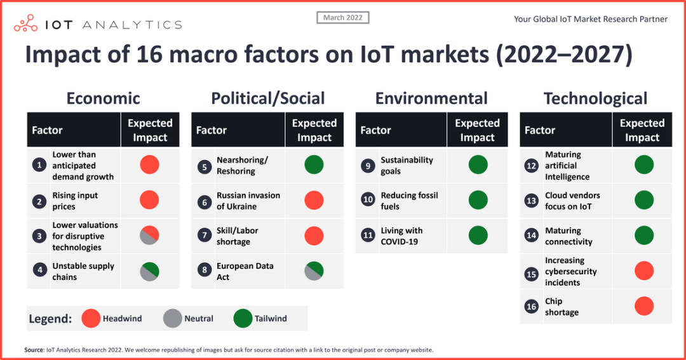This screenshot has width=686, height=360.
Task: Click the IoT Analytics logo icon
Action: (x=26, y=24)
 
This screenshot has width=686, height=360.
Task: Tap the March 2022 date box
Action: (x=343, y=18)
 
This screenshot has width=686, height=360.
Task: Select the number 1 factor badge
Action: (x=39, y=166)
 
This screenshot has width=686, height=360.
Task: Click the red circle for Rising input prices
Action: (x=150, y=201)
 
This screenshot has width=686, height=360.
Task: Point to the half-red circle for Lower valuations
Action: (x=150, y=236)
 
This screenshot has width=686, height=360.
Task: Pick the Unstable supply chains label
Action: (x=83, y=271)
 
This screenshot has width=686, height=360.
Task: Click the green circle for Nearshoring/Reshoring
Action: (x=314, y=165)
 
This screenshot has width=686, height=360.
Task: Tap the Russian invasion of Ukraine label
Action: (x=248, y=201)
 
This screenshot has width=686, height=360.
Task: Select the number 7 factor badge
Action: (x=204, y=236)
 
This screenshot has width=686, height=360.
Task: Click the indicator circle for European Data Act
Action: (x=314, y=271)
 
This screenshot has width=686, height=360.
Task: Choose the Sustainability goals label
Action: (x=407, y=166)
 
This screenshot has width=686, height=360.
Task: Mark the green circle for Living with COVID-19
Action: (x=478, y=236)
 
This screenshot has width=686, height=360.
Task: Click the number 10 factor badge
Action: (x=368, y=201)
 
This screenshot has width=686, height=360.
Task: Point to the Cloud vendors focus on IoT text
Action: (x=572, y=201)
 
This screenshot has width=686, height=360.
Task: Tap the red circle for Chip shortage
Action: (x=644, y=306)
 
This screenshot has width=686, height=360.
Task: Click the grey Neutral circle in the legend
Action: (x=173, y=318)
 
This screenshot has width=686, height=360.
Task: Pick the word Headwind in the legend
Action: (x=123, y=319)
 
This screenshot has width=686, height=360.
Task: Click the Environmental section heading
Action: (x=431, y=98)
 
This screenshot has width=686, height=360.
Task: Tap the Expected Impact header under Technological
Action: (x=642, y=130)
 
